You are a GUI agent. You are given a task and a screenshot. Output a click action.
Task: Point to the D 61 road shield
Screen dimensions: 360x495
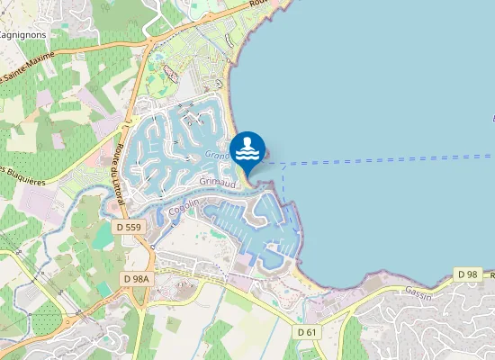tap(308, 332)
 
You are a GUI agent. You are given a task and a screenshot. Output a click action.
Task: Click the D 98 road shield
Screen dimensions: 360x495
tap(467, 274)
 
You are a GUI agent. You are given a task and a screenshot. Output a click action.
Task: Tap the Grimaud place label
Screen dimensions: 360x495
tap(218, 181)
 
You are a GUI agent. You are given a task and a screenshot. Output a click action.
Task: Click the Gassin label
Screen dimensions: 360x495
tap(418, 292)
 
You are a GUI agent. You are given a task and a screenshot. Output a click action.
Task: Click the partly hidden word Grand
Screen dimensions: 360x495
tap(217, 155)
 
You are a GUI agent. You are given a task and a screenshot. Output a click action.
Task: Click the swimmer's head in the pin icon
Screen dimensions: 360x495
tap(247, 139)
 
